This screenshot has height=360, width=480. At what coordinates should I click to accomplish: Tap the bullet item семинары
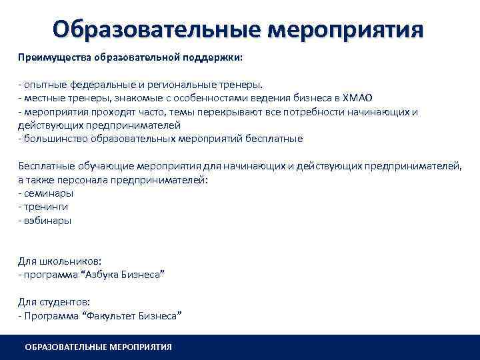pyautogui.click(x=48, y=193)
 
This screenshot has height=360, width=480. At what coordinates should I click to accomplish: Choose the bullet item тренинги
pyautogui.click(x=45, y=207)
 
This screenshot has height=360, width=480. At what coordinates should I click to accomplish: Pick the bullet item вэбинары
pyautogui.click(x=47, y=220)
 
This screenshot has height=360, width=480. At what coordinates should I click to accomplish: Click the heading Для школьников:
pyautogui.click(x=59, y=261)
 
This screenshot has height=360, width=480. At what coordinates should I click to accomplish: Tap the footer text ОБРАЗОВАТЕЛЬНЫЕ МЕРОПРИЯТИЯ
pyautogui.click(x=98, y=347)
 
